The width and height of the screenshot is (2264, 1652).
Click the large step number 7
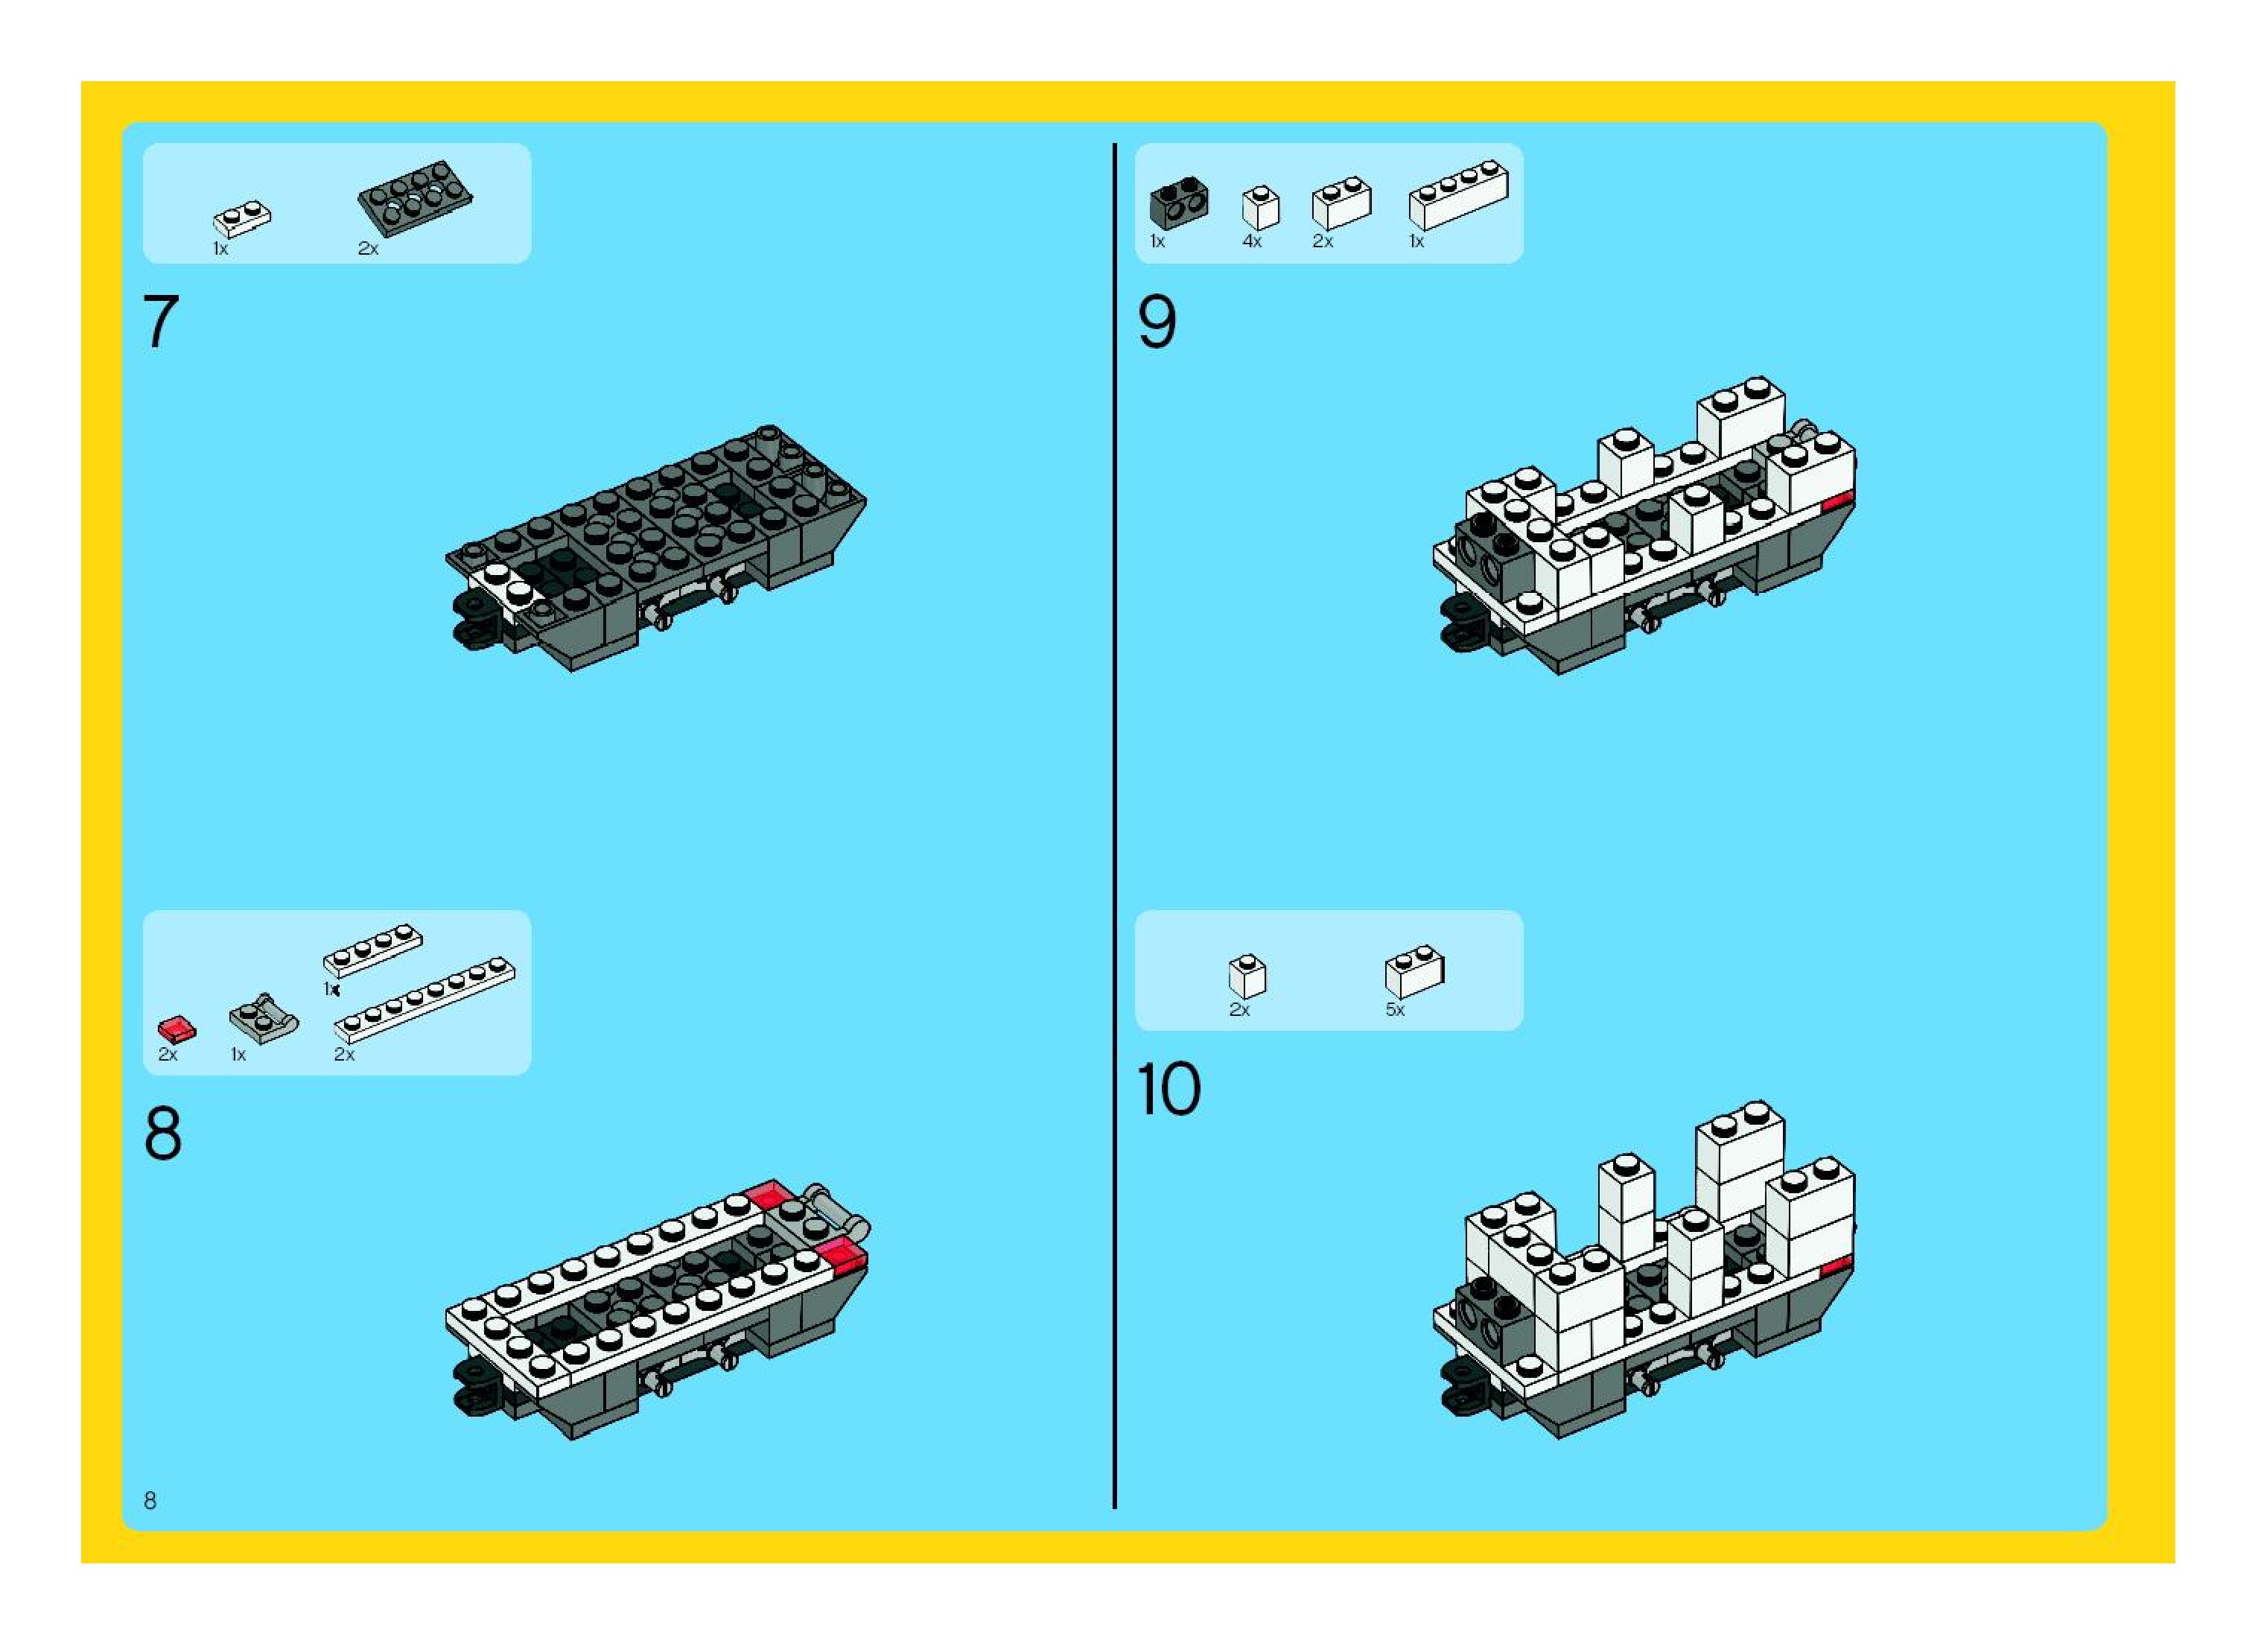coord(161,322)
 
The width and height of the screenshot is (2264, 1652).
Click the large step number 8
coord(163,1134)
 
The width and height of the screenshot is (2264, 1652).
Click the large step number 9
coord(1157,322)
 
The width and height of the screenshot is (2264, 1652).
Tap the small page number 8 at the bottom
coord(150,1500)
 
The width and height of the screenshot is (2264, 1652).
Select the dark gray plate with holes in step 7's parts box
coord(415,197)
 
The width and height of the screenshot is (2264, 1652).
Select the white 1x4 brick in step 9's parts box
coord(1458,196)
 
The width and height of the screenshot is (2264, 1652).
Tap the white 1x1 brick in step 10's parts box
coord(1247,975)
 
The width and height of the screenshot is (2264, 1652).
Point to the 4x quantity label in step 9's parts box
coord(1252,242)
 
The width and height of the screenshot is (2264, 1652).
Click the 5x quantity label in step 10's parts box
coord(1395,1010)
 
